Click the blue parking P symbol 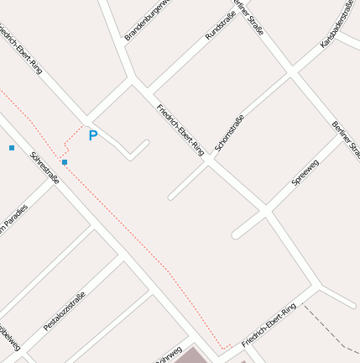coord(93,135)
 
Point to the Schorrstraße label coord(228,133)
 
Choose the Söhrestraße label coord(44,167)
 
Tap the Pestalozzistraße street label coord(65,309)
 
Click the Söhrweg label coord(167,355)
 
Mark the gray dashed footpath coord(331,328)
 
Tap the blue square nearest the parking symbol coord(65,161)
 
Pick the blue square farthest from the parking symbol coord(12,148)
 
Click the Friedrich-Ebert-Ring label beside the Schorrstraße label coord(180,129)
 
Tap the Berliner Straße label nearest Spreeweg coord(347,139)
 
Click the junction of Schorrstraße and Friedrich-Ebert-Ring coord(210,162)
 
